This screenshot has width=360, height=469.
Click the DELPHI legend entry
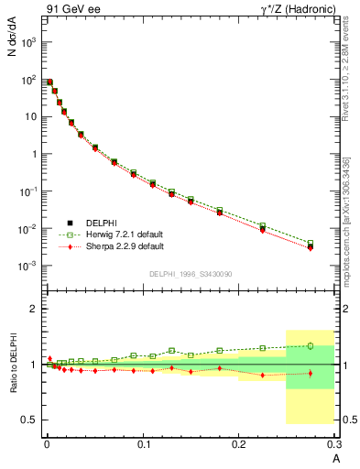click(x=103, y=223)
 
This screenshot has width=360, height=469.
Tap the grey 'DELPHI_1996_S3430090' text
click(x=191, y=275)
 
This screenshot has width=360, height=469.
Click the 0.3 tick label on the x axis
click(x=335, y=444)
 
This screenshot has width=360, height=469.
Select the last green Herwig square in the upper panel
click(x=311, y=243)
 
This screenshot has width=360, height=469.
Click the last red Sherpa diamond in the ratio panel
click(x=311, y=373)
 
